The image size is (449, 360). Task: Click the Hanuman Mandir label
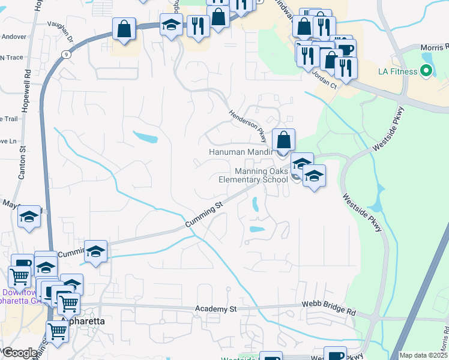tap(241, 152)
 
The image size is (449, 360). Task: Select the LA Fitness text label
tap(397, 72)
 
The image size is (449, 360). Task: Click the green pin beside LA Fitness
tap(427, 72)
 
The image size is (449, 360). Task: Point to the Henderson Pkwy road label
tap(246, 125)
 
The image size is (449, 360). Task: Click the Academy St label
tap(216, 309)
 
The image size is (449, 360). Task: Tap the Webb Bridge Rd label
tap(330, 310)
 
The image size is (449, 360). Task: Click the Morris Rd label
tap(434, 47)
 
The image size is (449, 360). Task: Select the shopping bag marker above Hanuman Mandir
tap(284, 140)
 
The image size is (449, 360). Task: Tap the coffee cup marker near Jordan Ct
tap(345, 49)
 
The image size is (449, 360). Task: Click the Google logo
tap(19, 353)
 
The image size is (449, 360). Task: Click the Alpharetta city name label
tap(82, 321)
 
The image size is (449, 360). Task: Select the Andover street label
tap(14, 37)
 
